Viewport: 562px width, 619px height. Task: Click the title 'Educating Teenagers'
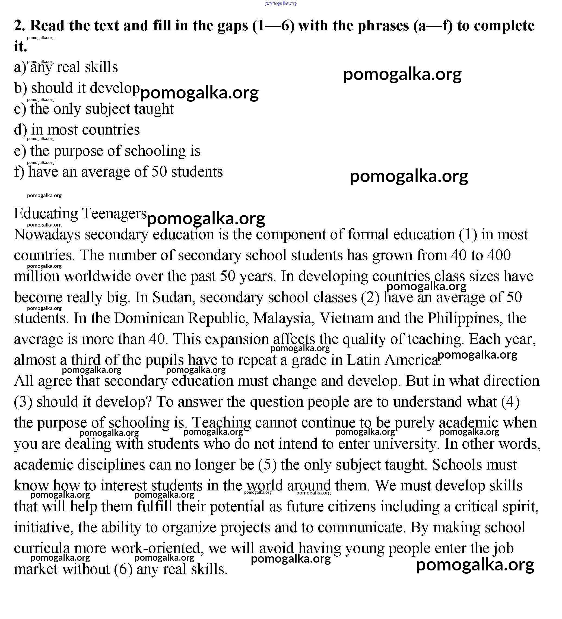[80, 213]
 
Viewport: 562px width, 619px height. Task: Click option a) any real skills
[66, 67]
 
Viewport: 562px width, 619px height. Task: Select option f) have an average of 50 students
[118, 172]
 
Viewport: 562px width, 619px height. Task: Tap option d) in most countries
[77, 130]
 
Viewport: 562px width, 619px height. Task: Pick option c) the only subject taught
[94, 109]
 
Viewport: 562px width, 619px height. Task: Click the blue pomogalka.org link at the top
[281, 3]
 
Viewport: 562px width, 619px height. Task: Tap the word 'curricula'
[42, 548]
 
